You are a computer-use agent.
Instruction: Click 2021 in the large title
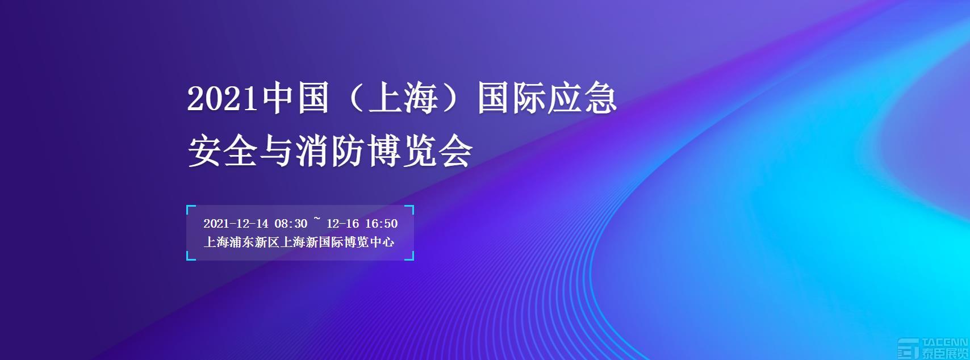click(223, 99)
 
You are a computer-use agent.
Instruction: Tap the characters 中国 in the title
click(294, 98)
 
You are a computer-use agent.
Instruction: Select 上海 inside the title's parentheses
click(403, 98)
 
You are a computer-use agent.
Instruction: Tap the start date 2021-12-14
click(236, 224)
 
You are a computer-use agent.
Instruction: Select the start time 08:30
click(291, 224)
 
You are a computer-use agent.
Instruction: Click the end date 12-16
click(342, 224)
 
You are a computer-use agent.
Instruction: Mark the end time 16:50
click(381, 224)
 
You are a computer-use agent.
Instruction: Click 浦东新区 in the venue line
click(254, 242)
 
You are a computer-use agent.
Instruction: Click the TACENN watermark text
click(945, 342)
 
